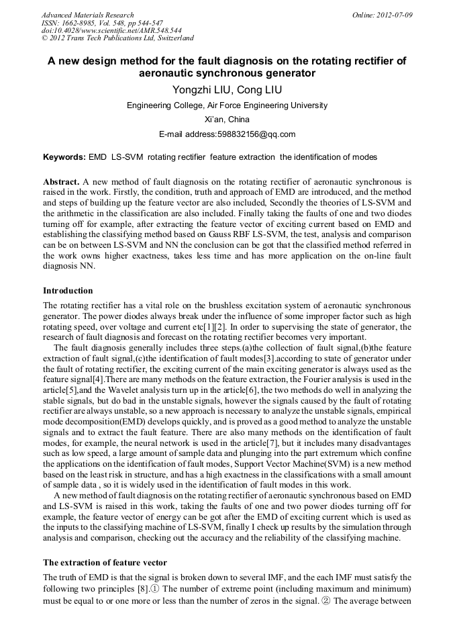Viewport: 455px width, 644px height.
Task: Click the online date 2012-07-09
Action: point(393,15)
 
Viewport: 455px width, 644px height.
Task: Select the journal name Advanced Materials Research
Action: point(87,15)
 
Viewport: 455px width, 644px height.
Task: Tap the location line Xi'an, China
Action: point(227,120)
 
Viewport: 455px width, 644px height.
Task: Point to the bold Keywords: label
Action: point(64,157)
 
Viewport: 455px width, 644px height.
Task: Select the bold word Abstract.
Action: point(60,182)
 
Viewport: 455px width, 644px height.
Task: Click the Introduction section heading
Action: point(68,291)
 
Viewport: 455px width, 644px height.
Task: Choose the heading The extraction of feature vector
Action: point(105,563)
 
